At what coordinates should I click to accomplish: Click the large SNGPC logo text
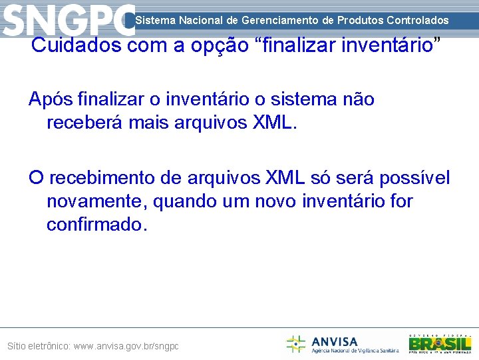[x=68, y=20]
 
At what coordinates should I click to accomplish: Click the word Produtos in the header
[x=359, y=21]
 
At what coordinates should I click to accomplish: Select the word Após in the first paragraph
[x=51, y=99]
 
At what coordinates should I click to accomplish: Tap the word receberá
[x=82, y=122]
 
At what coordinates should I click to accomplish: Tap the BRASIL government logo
[x=440, y=343]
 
